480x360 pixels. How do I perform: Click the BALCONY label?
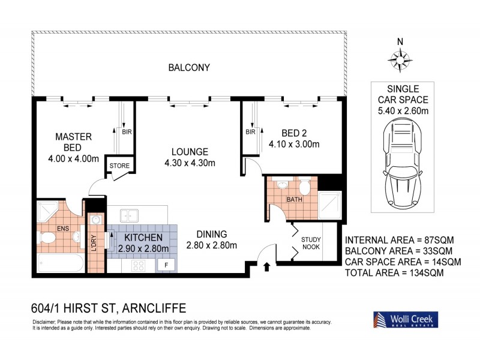coord(189,68)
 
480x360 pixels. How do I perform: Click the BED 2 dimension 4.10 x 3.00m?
coord(294,143)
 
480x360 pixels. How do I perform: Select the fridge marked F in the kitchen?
coord(166,265)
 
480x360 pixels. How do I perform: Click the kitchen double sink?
coord(130,215)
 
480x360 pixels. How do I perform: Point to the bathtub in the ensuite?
coord(59,263)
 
